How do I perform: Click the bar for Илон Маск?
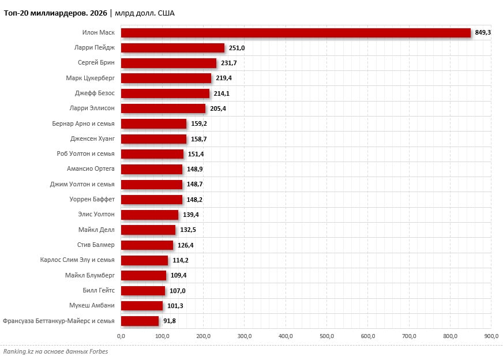[295, 33]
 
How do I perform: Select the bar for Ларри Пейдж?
[172, 48]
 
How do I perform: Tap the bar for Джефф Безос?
[165, 93]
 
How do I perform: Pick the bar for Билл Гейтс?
[143, 290]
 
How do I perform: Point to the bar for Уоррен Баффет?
[151, 200]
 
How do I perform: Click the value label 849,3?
[483, 33]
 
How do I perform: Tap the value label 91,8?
[170, 321]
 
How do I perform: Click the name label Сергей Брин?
[96, 63]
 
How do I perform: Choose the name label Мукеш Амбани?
[92, 305]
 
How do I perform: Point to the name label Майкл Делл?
[96, 230]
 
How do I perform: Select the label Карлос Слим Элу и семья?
[77, 260]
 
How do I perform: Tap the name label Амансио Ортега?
[91, 169]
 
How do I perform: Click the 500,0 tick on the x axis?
[327, 336]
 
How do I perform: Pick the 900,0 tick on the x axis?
[491, 336]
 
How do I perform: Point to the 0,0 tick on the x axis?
[121, 336]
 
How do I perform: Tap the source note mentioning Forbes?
[55, 351]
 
